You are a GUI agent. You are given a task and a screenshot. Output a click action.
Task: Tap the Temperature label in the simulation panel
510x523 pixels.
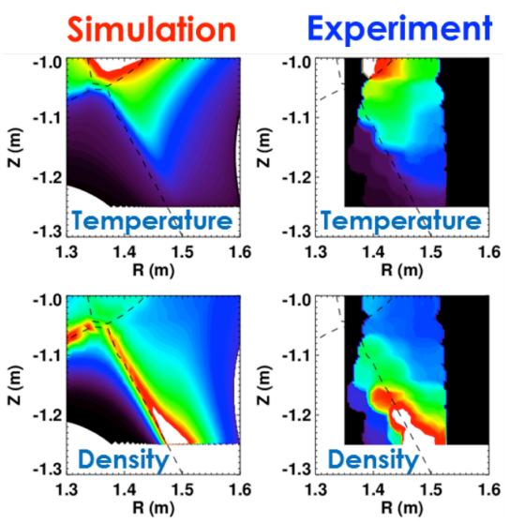click(x=151, y=221)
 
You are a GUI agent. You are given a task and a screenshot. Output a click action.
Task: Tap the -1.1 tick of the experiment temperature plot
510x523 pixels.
click(x=298, y=119)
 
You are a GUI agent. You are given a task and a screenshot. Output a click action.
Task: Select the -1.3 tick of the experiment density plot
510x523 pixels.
click(x=298, y=468)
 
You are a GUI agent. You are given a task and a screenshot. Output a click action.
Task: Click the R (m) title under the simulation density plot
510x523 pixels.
click(x=156, y=507)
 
